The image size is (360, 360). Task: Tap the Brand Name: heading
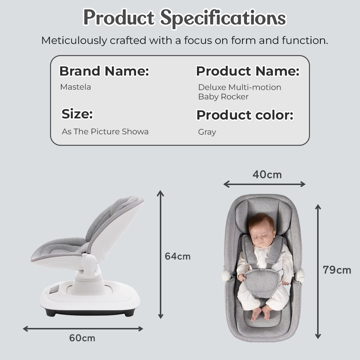pyautogui.click(x=104, y=71)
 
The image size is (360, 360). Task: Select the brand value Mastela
pyautogui.click(x=76, y=87)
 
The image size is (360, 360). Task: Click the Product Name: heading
pyautogui.click(x=248, y=71)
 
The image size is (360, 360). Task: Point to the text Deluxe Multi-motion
pyautogui.click(x=239, y=87)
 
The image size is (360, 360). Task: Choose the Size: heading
pyautogui.click(x=77, y=114)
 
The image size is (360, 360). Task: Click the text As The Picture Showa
pyautogui.click(x=105, y=131)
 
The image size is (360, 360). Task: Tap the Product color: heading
pyautogui.click(x=245, y=115)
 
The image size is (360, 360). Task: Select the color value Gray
pyautogui.click(x=207, y=132)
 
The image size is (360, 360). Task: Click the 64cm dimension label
pyautogui.click(x=177, y=256)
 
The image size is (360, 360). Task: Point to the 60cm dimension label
pyautogui.click(x=82, y=338)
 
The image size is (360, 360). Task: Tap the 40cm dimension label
pyautogui.click(x=267, y=175)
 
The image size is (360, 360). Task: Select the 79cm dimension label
pyautogui.click(x=337, y=270)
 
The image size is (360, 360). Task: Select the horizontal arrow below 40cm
pyautogui.click(x=264, y=184)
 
